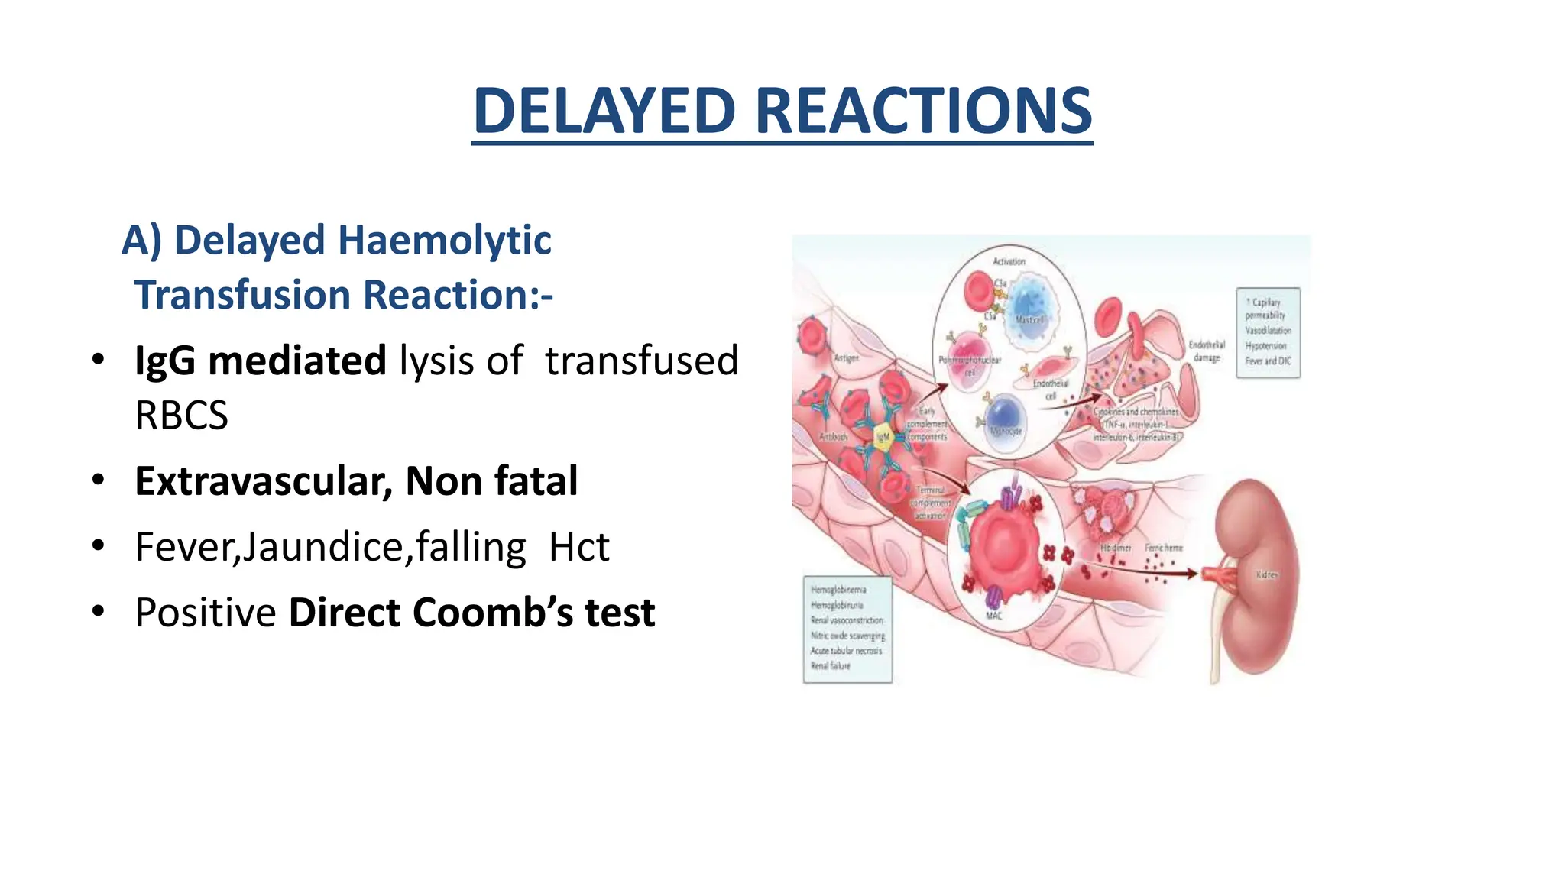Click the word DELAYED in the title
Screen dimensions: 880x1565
click(x=604, y=111)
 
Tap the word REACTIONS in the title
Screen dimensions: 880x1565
click(x=924, y=111)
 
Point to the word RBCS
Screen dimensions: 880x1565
click(x=181, y=416)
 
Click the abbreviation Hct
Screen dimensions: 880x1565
click(x=579, y=547)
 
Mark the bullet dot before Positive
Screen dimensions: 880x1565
click(x=97, y=611)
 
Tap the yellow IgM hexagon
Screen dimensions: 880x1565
click(x=883, y=437)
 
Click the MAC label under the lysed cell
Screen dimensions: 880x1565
click(x=993, y=616)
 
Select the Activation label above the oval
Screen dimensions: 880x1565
click(x=1009, y=261)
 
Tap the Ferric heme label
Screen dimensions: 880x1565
click(x=1163, y=548)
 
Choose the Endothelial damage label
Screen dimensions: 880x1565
click(x=1207, y=351)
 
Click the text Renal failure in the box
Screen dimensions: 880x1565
click(x=830, y=666)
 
